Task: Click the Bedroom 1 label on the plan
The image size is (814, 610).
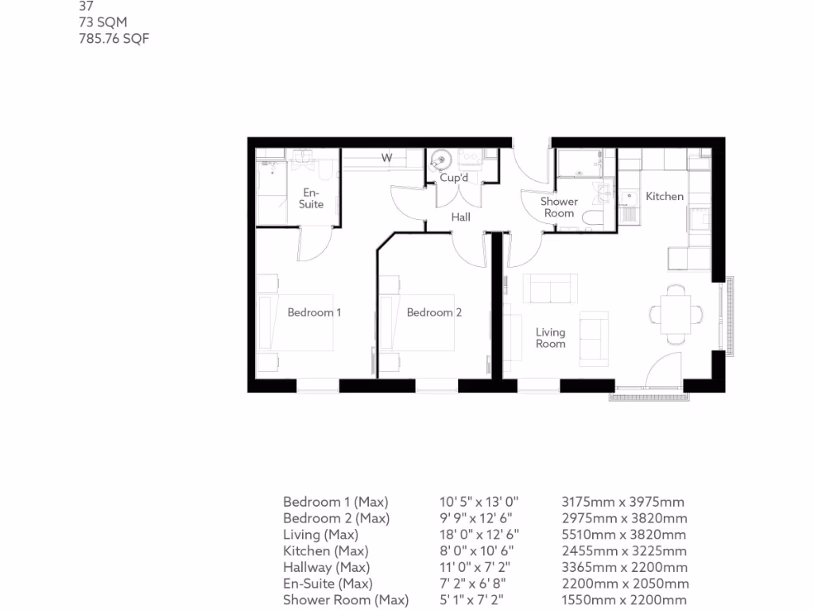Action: click(314, 312)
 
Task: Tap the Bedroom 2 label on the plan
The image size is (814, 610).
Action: click(434, 312)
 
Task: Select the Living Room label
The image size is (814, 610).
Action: click(550, 338)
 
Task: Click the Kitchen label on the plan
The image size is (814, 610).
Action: click(664, 196)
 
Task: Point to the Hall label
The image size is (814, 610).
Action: click(460, 217)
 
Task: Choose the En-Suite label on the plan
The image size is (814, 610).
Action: click(312, 198)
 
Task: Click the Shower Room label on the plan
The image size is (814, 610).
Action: click(559, 207)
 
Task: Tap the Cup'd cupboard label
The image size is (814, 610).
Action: click(454, 178)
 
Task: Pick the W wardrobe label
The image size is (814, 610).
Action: click(386, 158)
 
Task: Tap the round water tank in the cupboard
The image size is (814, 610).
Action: click(440, 162)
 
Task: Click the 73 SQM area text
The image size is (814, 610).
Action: click(103, 22)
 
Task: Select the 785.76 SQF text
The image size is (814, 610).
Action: click(114, 38)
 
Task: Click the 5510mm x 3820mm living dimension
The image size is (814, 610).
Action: click(623, 535)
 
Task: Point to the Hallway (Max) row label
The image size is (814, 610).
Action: click(326, 567)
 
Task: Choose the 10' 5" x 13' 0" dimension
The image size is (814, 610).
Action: click(479, 502)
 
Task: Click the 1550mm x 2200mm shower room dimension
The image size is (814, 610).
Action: click(624, 600)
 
